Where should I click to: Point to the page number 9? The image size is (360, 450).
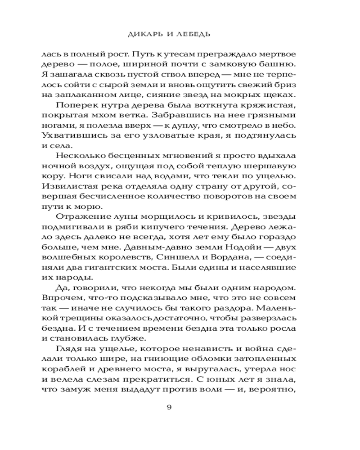[x=169, y=408]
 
